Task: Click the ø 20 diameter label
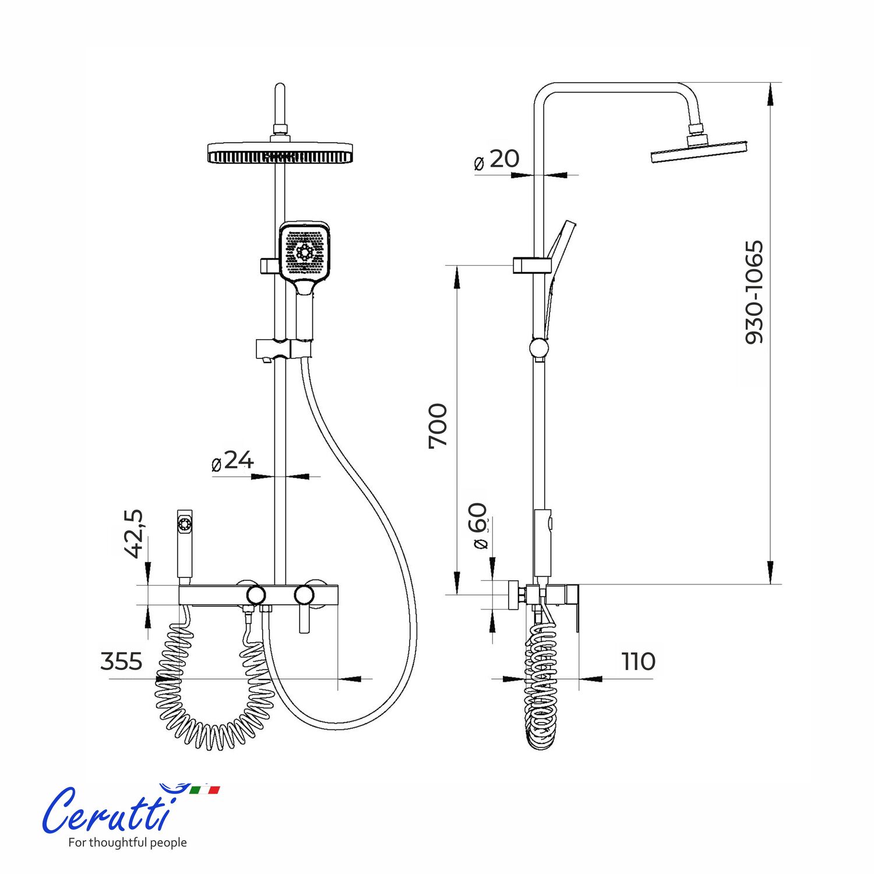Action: [496, 159]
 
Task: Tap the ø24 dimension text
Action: [232, 461]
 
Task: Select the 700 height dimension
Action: [438, 425]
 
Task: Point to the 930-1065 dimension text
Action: [754, 292]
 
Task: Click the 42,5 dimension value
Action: [133, 533]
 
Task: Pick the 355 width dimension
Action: [121, 662]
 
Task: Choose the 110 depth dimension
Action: [638, 662]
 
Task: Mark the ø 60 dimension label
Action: [479, 526]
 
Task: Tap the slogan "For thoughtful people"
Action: [128, 843]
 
